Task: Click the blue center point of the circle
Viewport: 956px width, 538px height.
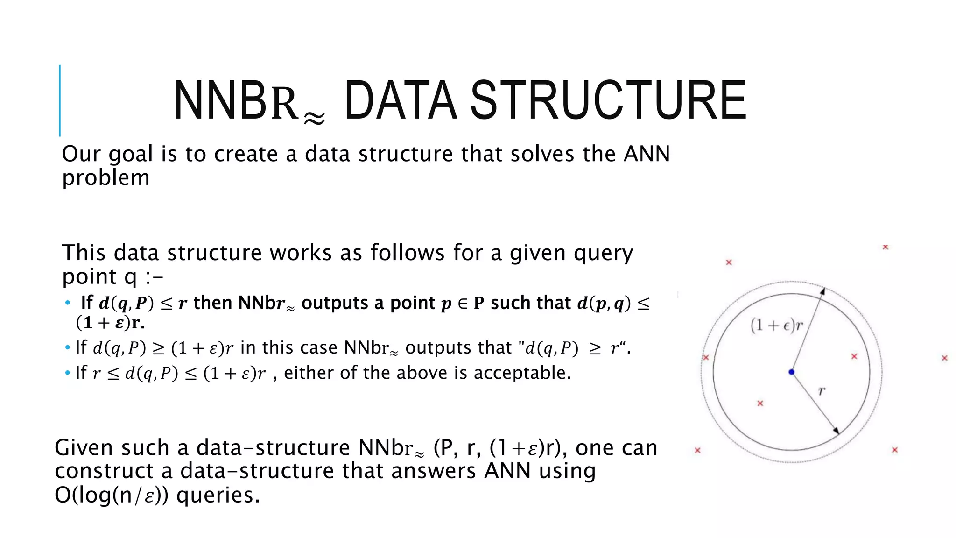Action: (x=791, y=372)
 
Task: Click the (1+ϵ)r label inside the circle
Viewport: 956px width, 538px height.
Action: (x=776, y=325)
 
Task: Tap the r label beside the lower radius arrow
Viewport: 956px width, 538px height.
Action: (x=822, y=390)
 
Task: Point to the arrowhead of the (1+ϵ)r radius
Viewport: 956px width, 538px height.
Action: (x=822, y=291)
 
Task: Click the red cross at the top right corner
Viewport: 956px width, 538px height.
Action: (x=885, y=247)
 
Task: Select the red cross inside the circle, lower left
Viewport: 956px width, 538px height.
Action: (x=760, y=403)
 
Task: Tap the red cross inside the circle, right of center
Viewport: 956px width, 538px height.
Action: (x=854, y=356)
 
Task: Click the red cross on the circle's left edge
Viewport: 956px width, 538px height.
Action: (x=706, y=357)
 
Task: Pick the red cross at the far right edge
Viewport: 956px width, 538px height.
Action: (x=944, y=358)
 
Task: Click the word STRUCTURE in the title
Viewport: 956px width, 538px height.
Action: (x=608, y=100)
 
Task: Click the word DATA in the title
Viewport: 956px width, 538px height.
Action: (x=400, y=100)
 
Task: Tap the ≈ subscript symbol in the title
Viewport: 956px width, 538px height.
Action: (x=314, y=119)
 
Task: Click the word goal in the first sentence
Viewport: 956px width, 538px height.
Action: (x=131, y=154)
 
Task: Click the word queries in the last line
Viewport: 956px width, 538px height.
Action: (x=218, y=495)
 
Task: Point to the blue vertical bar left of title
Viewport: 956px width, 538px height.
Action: (x=60, y=100)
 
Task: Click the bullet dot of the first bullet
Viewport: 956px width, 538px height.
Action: (x=68, y=304)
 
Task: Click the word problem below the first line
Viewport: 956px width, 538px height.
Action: (x=105, y=178)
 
